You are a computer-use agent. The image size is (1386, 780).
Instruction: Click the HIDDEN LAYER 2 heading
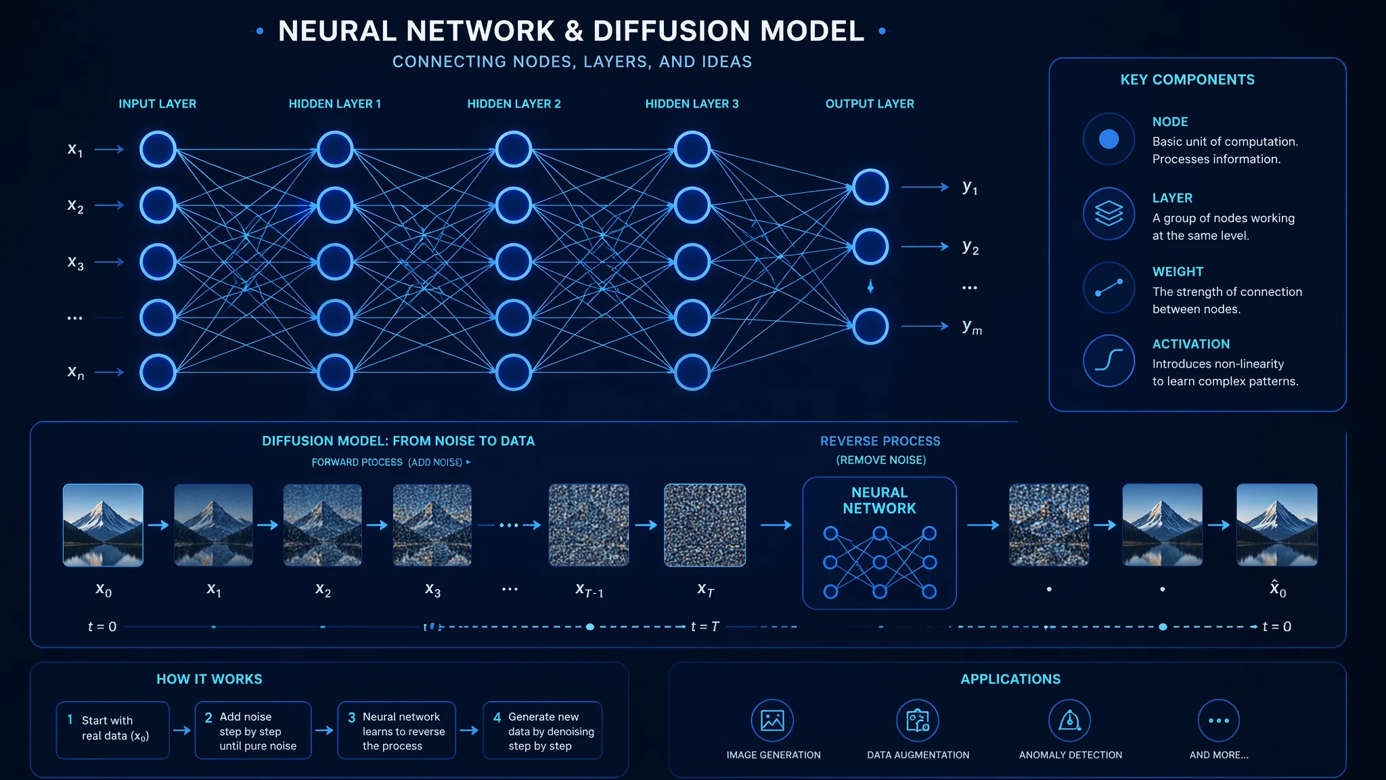pyautogui.click(x=514, y=104)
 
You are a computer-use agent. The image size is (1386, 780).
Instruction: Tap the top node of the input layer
pyautogui.click(x=158, y=149)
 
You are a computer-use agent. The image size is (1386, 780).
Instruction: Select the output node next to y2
pyautogui.click(x=870, y=246)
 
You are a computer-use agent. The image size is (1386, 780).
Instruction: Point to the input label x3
pyautogui.click(x=75, y=262)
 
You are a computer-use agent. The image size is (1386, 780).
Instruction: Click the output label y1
pyautogui.click(x=970, y=187)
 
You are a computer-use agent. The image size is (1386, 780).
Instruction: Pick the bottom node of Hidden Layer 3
pyautogui.click(x=692, y=372)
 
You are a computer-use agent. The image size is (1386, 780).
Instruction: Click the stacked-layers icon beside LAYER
pyautogui.click(x=1109, y=213)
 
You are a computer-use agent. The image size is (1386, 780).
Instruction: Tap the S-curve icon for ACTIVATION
pyautogui.click(x=1109, y=360)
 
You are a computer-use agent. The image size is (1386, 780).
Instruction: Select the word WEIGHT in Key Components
pyautogui.click(x=1178, y=272)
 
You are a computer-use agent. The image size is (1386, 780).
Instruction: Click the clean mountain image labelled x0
pyautogui.click(x=103, y=525)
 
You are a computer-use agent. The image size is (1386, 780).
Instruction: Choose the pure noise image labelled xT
pyautogui.click(x=705, y=525)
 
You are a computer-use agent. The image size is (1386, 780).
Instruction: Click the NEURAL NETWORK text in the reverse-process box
pyautogui.click(x=879, y=500)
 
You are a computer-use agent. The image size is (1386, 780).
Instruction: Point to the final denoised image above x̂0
pyautogui.click(x=1276, y=525)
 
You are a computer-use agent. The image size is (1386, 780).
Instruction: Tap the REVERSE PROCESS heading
pyautogui.click(x=880, y=441)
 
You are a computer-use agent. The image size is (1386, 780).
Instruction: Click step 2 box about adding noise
pyautogui.click(x=253, y=731)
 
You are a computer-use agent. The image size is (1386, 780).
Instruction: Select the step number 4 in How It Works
pyautogui.click(x=497, y=717)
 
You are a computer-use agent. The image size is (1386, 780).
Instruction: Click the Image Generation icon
pyautogui.click(x=772, y=720)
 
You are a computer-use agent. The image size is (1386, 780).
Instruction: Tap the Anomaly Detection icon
pyautogui.click(x=1069, y=720)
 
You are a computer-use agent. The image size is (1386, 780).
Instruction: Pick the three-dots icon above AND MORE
pyautogui.click(x=1218, y=720)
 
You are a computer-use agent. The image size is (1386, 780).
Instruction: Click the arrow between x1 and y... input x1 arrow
pyautogui.click(x=110, y=149)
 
